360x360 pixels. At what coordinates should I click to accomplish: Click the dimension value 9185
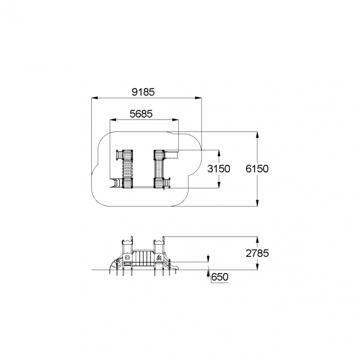(x=143, y=92)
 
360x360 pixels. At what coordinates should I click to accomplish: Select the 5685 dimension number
(x=141, y=114)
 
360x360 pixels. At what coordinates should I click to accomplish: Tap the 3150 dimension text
(x=218, y=169)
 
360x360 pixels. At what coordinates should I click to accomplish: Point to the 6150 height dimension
(x=257, y=169)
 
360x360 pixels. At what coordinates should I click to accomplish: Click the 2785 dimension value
(x=257, y=253)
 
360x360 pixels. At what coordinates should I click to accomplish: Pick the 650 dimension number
(x=220, y=277)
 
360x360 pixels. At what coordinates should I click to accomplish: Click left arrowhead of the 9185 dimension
(x=95, y=98)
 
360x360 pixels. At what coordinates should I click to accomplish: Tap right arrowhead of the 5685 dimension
(x=175, y=119)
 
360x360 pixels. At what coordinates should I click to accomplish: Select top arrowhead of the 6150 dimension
(x=257, y=135)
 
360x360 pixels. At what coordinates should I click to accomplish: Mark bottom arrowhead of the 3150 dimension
(x=219, y=185)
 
